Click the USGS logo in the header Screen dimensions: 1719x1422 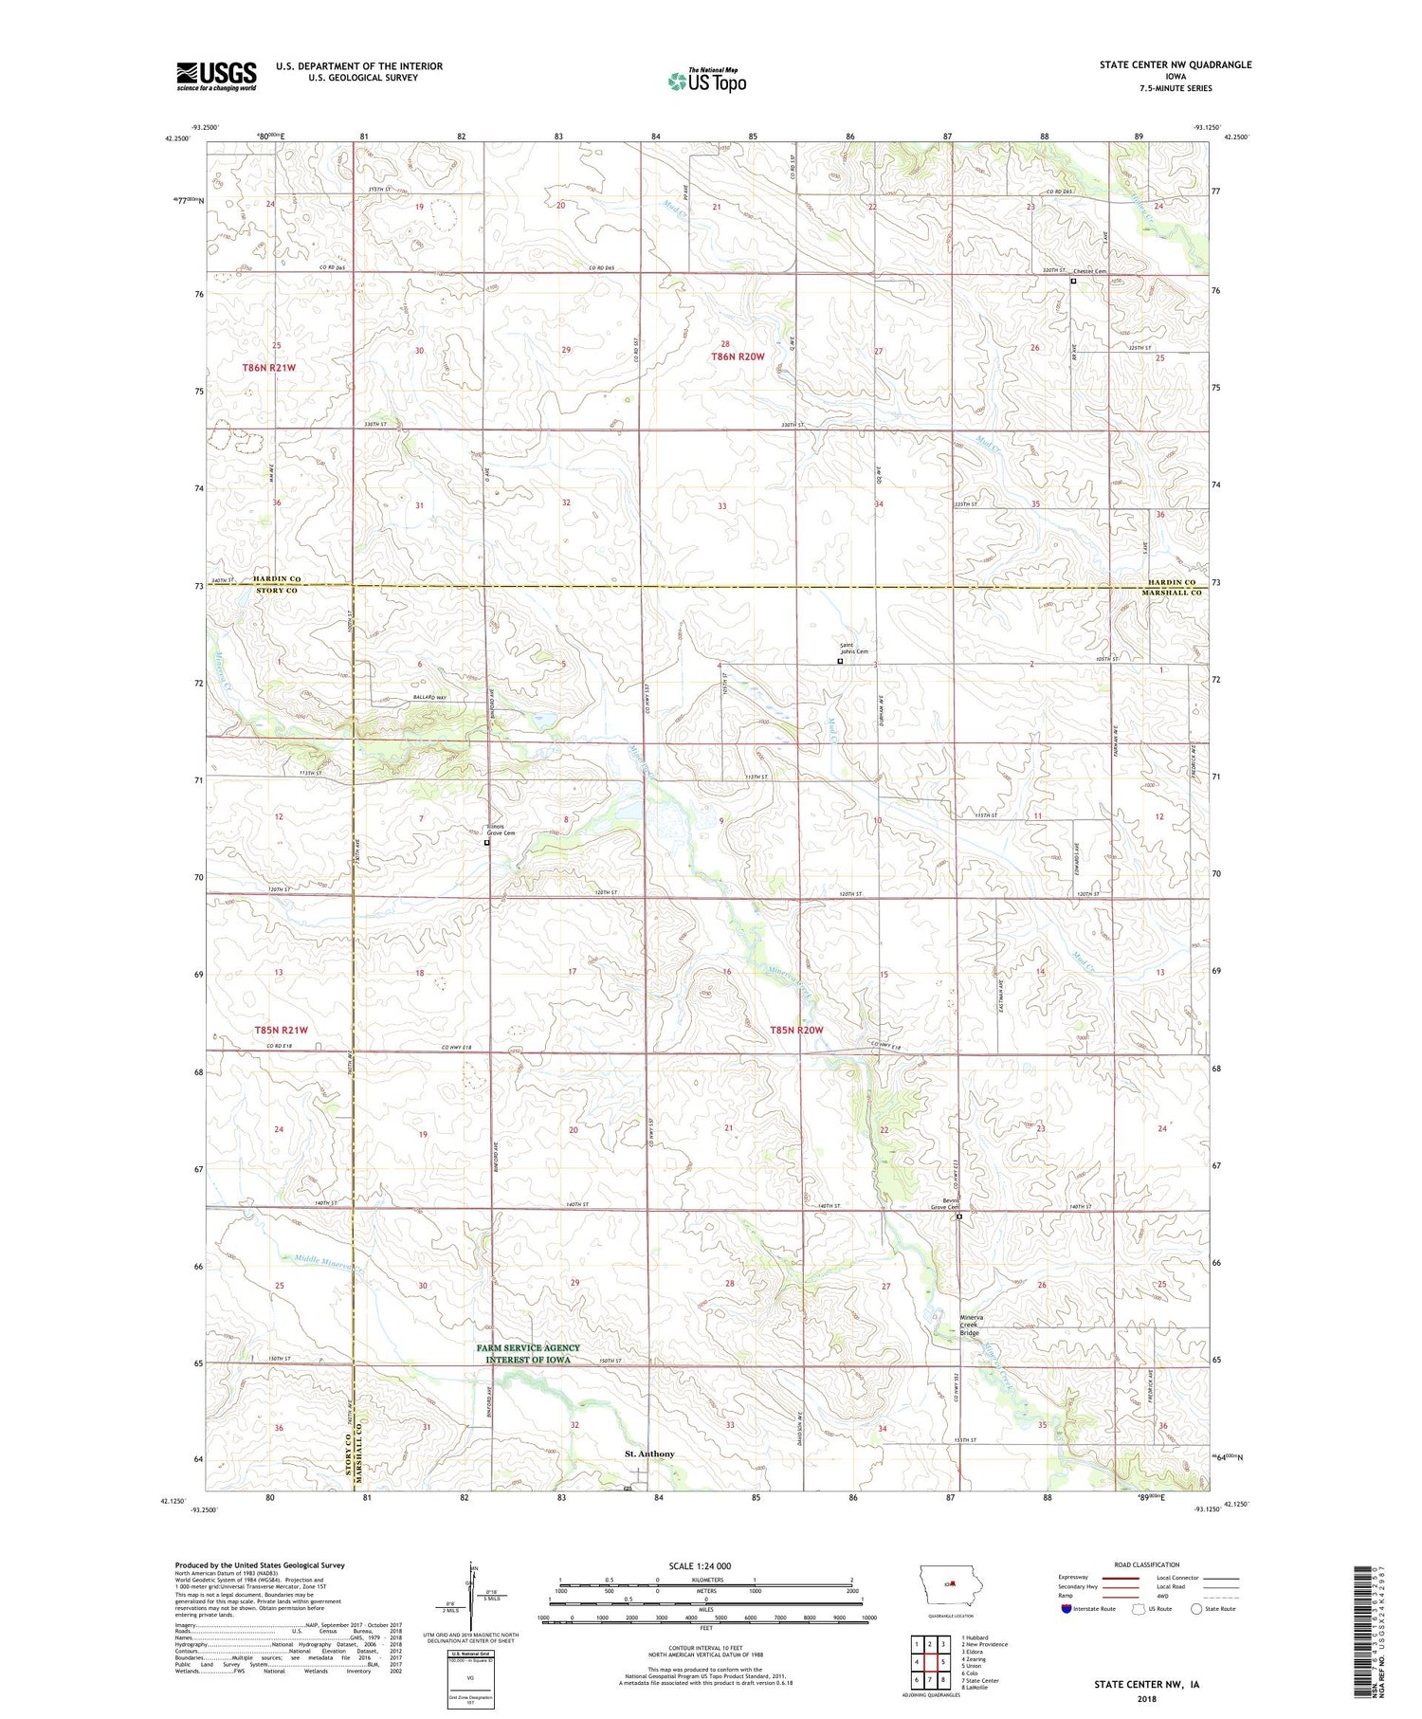pos(216,76)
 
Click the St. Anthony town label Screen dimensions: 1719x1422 pos(649,1454)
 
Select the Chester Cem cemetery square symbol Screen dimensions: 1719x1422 pos(1073,282)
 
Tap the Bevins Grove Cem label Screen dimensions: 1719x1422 pos(944,1203)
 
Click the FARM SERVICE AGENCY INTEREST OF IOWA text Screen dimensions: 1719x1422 pos(528,1353)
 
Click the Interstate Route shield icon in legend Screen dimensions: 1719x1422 pos(1066,1609)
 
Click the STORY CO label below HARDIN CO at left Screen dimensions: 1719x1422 pos(275,591)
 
